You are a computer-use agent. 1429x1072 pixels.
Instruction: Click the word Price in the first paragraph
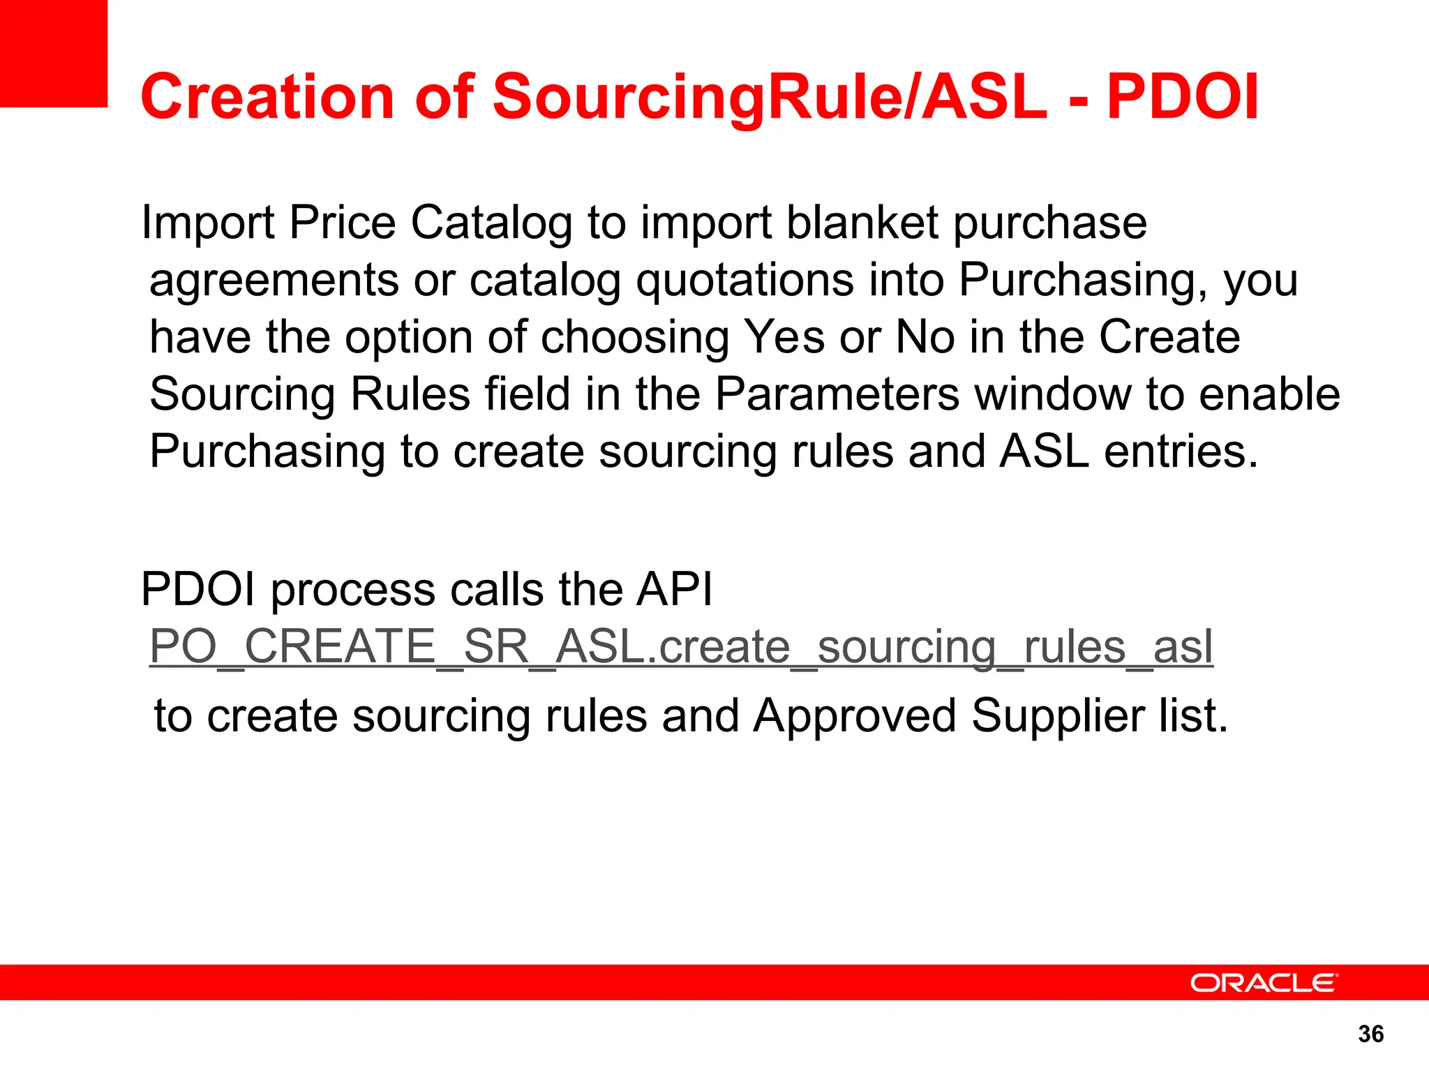coord(342,223)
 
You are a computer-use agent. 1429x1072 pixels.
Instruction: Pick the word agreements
coord(274,281)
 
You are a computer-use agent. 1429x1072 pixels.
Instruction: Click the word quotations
coord(745,281)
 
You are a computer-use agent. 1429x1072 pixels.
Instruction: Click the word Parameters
coord(837,394)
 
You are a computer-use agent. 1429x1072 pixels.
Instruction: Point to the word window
coord(1052,394)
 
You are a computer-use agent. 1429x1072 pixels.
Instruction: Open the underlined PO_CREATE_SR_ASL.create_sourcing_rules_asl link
coord(681,647)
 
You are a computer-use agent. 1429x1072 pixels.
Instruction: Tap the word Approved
coord(855,716)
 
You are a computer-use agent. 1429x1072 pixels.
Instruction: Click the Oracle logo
coord(1264,983)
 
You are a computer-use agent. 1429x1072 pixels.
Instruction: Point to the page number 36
coord(1371,1034)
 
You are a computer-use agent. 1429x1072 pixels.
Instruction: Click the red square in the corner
coord(53,53)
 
